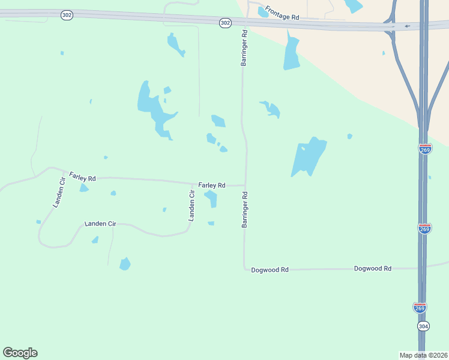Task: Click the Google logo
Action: click(x=20, y=353)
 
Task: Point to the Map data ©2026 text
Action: click(x=423, y=355)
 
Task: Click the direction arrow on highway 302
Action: click(x=408, y=26)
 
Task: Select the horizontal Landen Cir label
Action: click(x=100, y=224)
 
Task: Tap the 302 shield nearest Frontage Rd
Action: click(x=225, y=23)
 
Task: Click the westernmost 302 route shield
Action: click(x=67, y=15)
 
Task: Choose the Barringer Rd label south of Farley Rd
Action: click(x=245, y=209)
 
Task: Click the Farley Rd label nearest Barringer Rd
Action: click(x=212, y=185)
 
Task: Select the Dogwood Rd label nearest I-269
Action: click(x=373, y=269)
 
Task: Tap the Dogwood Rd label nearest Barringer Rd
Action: click(x=270, y=270)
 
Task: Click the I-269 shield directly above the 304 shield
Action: click(x=420, y=308)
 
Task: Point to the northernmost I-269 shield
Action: click(x=425, y=149)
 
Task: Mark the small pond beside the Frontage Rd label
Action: click(x=263, y=12)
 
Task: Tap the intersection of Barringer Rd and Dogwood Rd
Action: click(x=245, y=269)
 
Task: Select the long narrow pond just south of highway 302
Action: click(x=292, y=53)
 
